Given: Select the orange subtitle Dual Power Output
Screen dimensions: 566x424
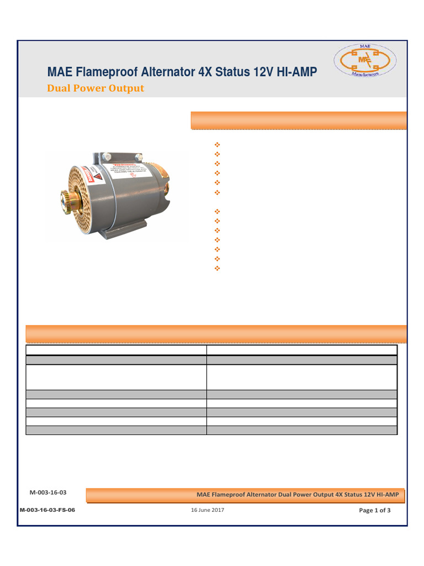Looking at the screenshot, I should (96, 88).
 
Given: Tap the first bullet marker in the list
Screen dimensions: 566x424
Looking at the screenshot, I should (216, 144).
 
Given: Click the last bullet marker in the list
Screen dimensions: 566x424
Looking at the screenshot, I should (216, 268).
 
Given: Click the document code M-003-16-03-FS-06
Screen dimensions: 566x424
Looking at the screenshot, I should (47, 510).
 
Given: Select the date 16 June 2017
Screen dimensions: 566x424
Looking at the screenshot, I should (208, 510).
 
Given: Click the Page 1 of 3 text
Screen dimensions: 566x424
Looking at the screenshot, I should (375, 510).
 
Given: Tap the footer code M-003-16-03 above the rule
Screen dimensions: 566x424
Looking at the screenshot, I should (48, 491).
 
